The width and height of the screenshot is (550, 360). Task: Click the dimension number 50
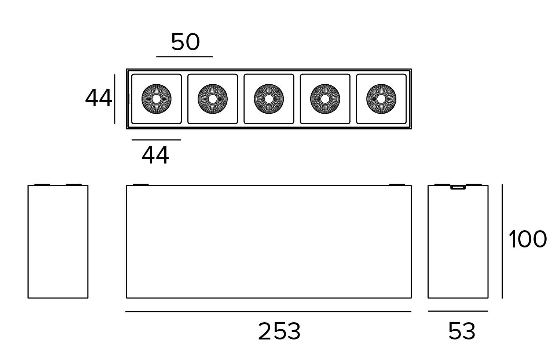(186, 42)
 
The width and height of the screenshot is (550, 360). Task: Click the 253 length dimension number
(279, 331)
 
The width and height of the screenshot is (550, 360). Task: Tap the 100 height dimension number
(527, 240)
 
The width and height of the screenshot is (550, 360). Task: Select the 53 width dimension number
(462, 331)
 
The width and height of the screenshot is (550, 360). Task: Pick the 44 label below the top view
(155, 155)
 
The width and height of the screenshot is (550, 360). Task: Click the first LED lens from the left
(157, 99)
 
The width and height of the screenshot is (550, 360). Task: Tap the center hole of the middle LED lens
(269, 99)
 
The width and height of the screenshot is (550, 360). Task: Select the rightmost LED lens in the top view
(381, 99)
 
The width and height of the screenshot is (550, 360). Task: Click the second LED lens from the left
(213, 99)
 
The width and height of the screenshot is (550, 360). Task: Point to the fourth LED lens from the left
(325, 99)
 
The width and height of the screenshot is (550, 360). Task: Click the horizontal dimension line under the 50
(184, 57)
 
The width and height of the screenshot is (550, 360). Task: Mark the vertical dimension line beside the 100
(502, 241)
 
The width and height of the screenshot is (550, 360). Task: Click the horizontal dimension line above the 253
(268, 312)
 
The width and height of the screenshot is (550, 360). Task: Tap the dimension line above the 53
(458, 311)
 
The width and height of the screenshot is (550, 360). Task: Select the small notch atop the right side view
(458, 187)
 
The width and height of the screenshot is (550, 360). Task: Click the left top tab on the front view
(140, 184)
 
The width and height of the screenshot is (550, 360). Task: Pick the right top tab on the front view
(397, 184)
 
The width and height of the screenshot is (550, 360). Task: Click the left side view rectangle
(58, 242)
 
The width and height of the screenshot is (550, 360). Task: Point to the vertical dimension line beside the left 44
(115, 99)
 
